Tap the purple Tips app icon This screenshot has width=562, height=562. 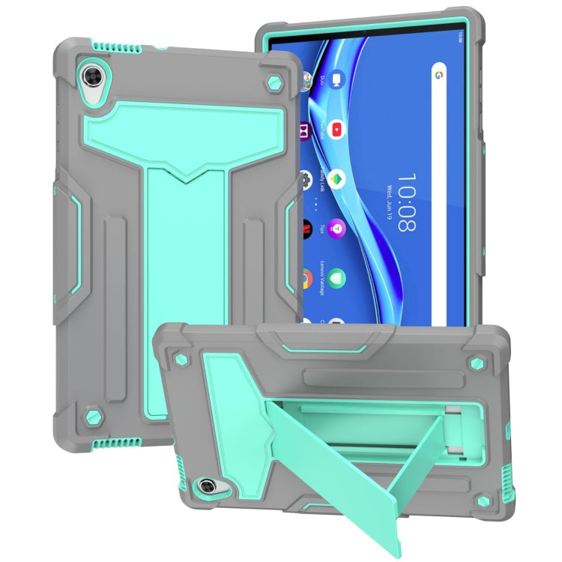pos(337,226)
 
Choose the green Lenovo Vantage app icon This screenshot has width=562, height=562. pos(336,277)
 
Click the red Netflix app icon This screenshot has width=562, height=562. pos(306,226)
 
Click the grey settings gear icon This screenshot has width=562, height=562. pos(306,180)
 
